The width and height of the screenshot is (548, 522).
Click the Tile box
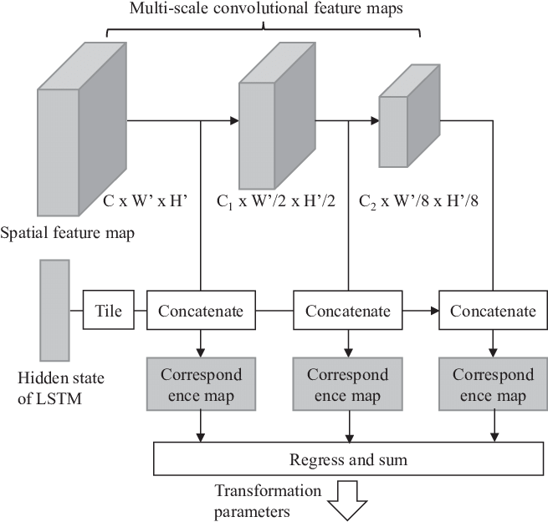(x=109, y=312)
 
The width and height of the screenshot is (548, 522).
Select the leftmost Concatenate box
(x=201, y=312)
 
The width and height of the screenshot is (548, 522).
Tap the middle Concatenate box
(x=347, y=312)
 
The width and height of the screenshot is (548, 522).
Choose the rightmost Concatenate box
(x=493, y=312)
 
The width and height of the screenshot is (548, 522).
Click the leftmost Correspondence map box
(x=201, y=384)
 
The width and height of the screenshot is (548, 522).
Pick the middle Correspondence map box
(x=347, y=384)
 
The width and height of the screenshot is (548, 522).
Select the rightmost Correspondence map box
(x=493, y=384)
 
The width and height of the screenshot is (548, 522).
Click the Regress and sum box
(x=348, y=460)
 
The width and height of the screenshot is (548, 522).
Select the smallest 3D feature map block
(x=402, y=125)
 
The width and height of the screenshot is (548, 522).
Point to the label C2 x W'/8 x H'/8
(x=418, y=202)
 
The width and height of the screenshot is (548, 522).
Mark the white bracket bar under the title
(x=263, y=32)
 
